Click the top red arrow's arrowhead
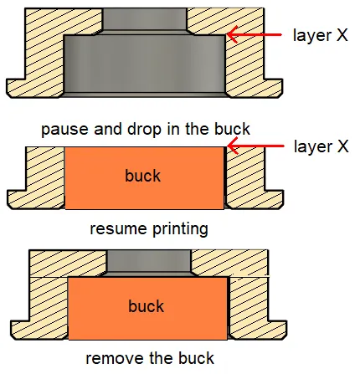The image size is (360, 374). pos(232,34)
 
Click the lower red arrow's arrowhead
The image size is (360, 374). pos(233,146)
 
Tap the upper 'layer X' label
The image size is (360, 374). pos(321,35)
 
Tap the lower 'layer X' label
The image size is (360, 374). pos(321,146)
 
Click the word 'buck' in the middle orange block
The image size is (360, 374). pos(142,176)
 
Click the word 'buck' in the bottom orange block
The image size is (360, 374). pos(146,306)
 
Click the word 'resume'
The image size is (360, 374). pos(118,229)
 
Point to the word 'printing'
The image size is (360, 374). pos(180,229)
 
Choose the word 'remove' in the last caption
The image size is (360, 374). pos(114,359)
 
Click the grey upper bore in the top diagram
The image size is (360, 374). pos(145,18)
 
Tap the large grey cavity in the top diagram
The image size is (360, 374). pos(145,64)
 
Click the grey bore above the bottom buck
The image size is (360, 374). pos(149,260)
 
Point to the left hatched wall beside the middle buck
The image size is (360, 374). pos(45,177)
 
